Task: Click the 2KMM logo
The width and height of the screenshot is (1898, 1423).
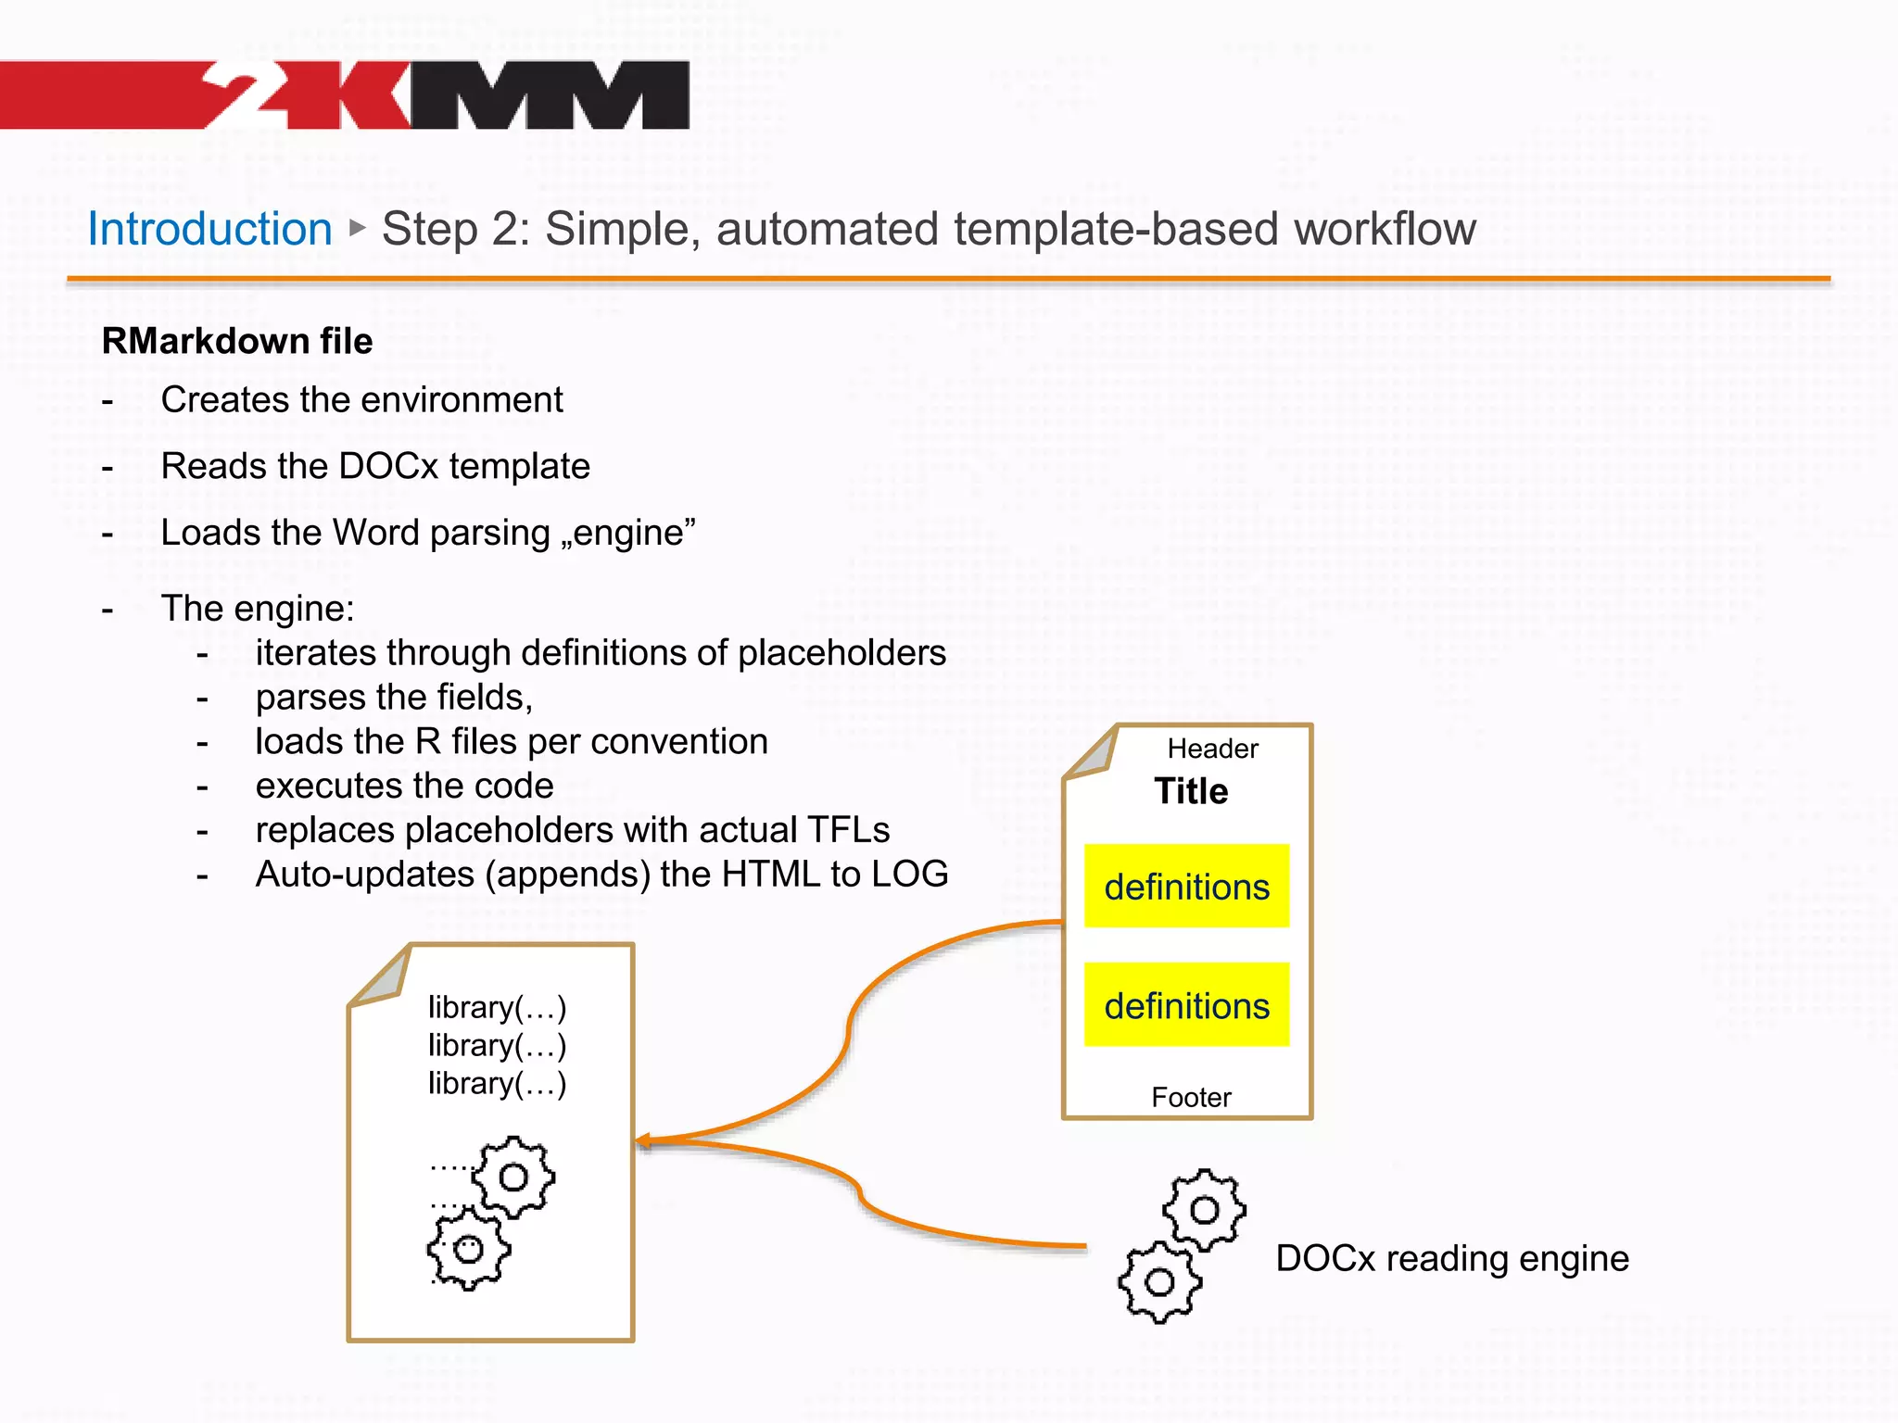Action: pos(445,94)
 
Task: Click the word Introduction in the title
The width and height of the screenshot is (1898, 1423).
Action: pos(209,229)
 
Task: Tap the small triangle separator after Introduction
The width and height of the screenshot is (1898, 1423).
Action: pos(358,227)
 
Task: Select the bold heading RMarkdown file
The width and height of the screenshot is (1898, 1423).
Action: pos(237,341)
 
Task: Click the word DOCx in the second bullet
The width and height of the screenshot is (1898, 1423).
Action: pos(387,466)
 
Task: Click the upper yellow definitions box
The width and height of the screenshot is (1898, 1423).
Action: pos(1186,886)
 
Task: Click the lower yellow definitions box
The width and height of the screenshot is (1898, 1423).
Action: pos(1186,1004)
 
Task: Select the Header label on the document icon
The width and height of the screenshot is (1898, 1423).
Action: pos(1212,749)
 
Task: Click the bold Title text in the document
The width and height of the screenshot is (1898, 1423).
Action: pos(1191,791)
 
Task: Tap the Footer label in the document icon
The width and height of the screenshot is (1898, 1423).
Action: pos(1191,1097)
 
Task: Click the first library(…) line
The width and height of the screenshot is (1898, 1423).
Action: pos(497,1007)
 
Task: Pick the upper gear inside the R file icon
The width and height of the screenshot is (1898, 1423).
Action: pos(512,1177)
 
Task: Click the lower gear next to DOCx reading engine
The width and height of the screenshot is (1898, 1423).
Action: pos(1159,1282)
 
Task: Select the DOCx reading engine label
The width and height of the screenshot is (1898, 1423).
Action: pos(1451,1258)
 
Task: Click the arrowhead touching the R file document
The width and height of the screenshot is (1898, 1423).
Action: pos(644,1141)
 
